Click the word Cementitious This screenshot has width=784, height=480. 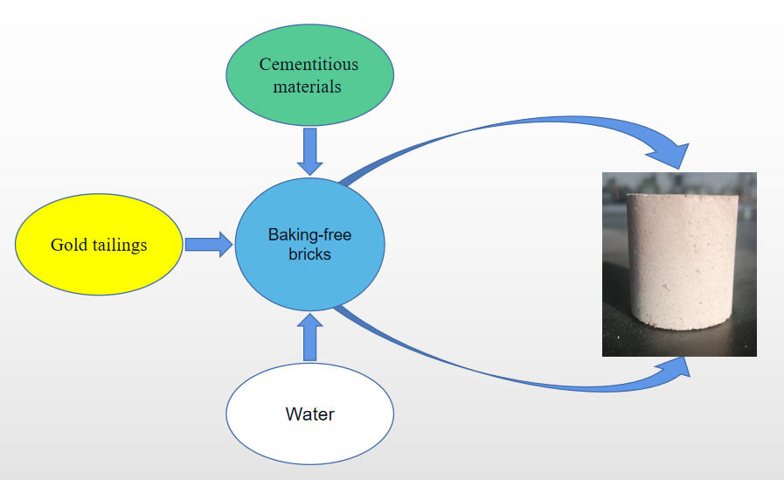309,65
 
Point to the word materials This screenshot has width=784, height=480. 307,87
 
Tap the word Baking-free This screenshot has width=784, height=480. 309,235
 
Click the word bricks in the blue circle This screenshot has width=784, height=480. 309,254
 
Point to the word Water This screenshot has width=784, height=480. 309,414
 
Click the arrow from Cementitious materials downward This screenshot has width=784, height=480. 309,150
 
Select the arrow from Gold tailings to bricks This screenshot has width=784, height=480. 208,244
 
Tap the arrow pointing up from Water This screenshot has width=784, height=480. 309,338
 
